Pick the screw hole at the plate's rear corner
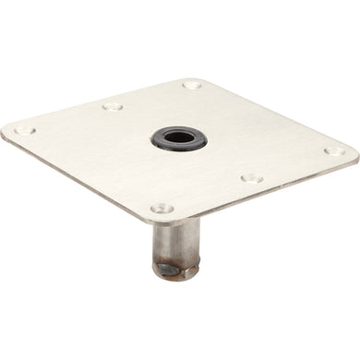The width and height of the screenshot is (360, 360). pyautogui.click(x=192, y=86)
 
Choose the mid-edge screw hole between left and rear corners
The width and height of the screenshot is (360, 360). pyautogui.click(x=113, y=108)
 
